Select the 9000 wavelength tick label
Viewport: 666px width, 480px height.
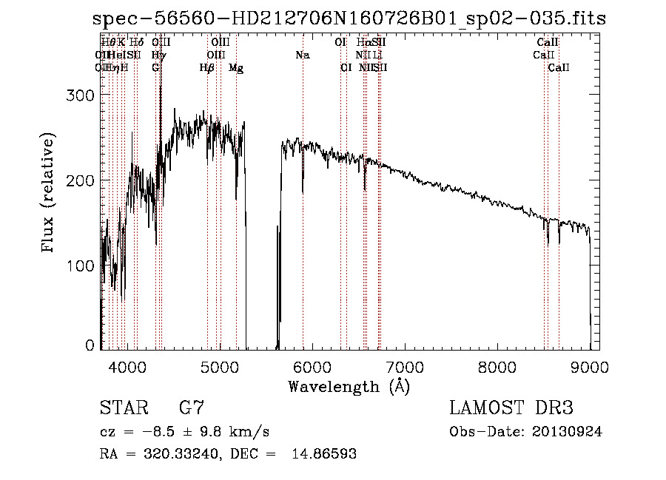[589, 366]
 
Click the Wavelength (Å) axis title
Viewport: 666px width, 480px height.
[349, 386]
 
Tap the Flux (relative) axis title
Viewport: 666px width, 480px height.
[50, 195]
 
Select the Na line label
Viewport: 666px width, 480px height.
[302, 55]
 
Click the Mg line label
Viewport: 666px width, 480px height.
[236, 68]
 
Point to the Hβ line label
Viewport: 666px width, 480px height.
[207, 68]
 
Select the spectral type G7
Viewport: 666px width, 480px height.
[192, 408]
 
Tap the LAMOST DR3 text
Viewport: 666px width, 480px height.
[511, 408]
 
